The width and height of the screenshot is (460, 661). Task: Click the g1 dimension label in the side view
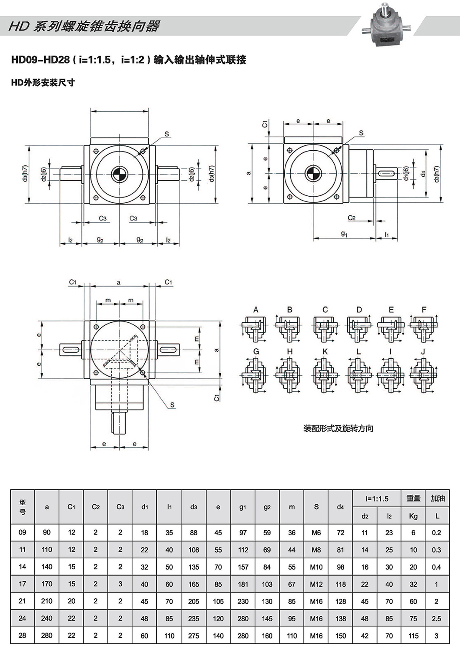344,234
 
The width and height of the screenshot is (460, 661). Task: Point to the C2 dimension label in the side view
352,218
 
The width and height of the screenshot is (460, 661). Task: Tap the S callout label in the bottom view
172,405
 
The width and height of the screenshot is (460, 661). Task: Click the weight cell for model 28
413,636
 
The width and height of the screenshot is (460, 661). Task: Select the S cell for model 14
316,567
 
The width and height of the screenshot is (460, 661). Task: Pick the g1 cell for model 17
243,584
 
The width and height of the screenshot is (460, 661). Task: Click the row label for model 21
23,601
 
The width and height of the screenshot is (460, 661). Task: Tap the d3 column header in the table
194,507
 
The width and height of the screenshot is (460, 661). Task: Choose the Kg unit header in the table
413,516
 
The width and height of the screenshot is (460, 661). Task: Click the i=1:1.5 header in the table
377,499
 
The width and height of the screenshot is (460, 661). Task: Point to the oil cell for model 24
437,618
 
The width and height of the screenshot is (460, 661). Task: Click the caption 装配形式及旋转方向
338,428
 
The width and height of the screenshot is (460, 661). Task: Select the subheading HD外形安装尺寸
43,83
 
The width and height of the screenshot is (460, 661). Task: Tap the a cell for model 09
47,532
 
